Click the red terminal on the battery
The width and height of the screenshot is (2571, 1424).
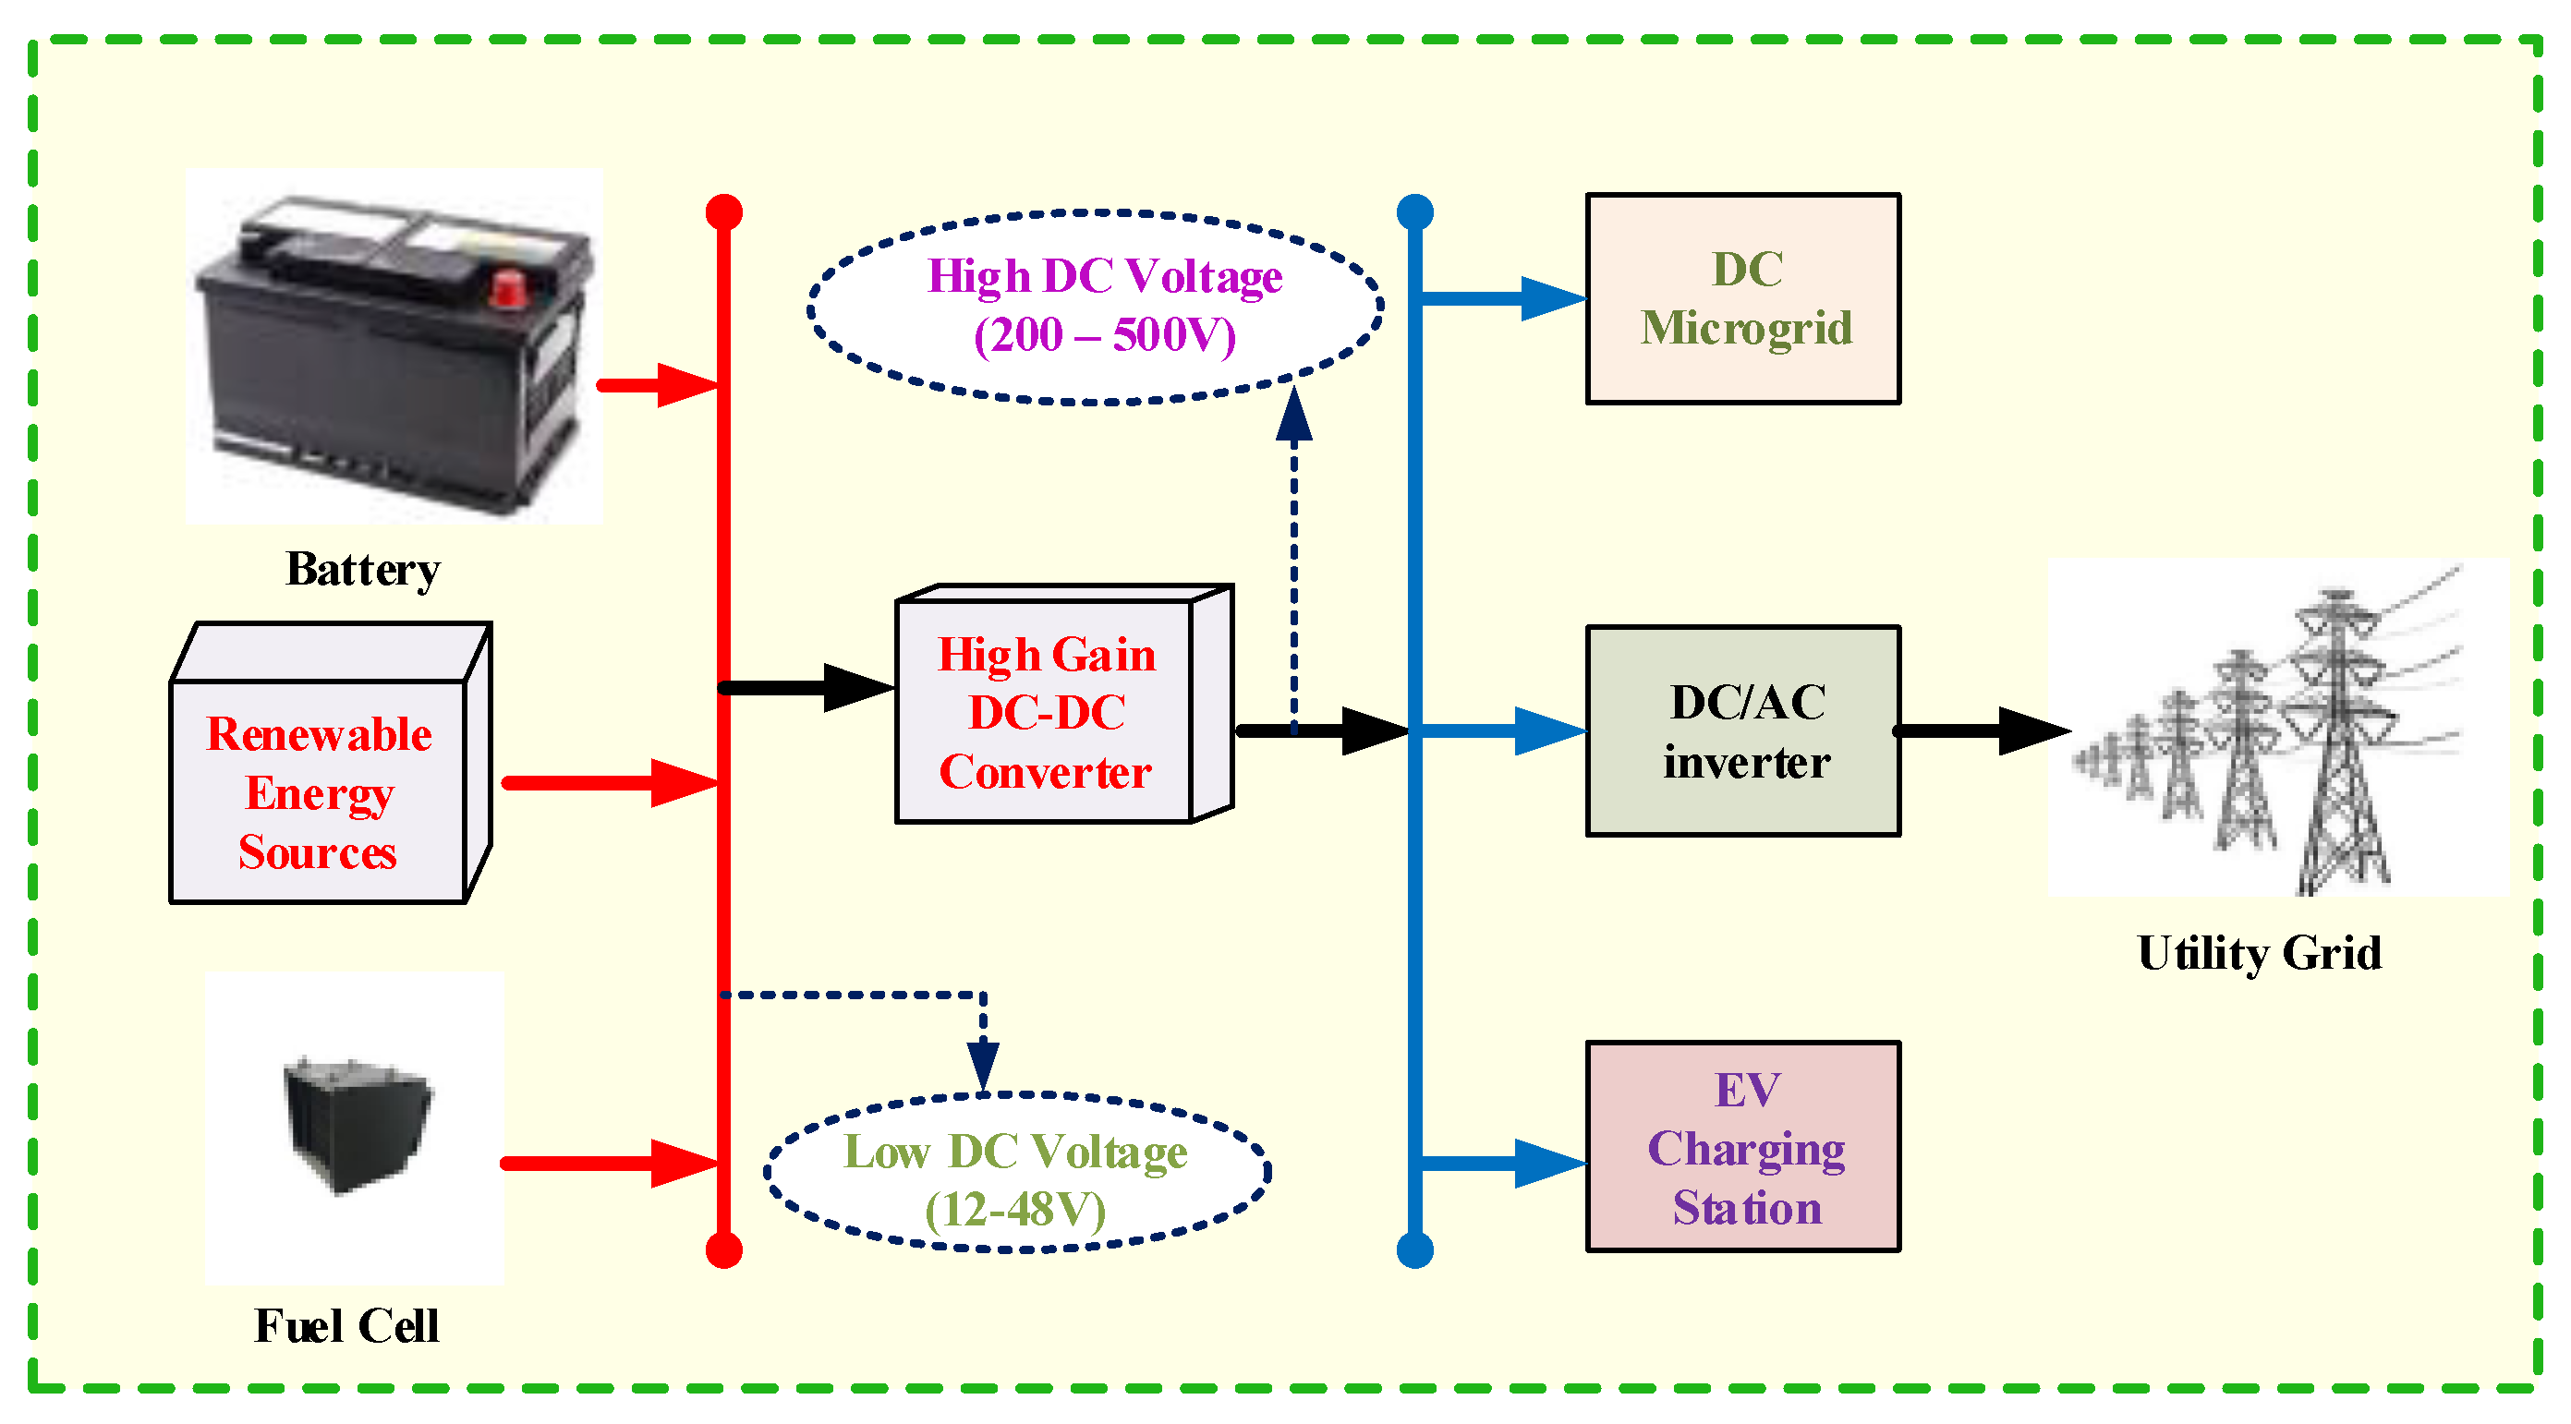509,288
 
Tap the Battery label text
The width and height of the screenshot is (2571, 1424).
362,570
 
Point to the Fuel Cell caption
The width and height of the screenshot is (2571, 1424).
346,1326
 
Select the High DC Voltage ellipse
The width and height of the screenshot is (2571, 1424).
1095,307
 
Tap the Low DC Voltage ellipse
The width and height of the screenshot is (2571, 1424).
1016,1173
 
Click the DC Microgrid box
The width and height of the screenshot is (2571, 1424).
1742,298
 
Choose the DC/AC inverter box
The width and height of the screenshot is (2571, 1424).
1742,731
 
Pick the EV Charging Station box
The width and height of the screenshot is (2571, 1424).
1742,1147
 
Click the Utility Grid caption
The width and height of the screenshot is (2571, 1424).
2259,953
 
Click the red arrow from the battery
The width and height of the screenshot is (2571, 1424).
659,385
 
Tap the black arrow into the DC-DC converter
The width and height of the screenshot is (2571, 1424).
808,688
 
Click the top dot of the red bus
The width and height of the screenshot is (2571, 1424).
723,211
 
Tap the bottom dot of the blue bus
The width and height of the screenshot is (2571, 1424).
1414,1250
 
